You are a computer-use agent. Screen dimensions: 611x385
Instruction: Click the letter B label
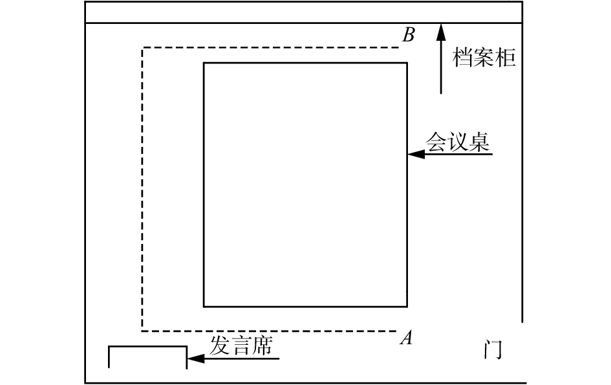pos(408,35)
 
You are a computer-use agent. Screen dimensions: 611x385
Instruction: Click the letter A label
pos(407,337)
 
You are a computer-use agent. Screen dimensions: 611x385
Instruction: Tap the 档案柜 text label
pos(484,58)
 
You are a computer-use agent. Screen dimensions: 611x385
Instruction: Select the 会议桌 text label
pos(457,142)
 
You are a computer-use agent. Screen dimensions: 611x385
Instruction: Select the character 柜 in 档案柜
pos(506,58)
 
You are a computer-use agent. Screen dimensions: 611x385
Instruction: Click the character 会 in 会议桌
pos(436,142)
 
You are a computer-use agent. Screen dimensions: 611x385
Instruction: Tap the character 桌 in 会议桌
pos(478,142)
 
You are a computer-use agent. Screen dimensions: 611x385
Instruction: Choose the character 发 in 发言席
pos(219,346)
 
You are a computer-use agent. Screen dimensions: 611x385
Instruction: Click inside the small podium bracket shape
pos(147,358)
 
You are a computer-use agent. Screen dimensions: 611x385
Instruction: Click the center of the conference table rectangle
pos(305,184)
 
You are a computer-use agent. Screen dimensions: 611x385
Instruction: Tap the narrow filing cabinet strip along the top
pos(304,12)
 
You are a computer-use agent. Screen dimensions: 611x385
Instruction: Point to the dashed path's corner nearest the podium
pos(142,329)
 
